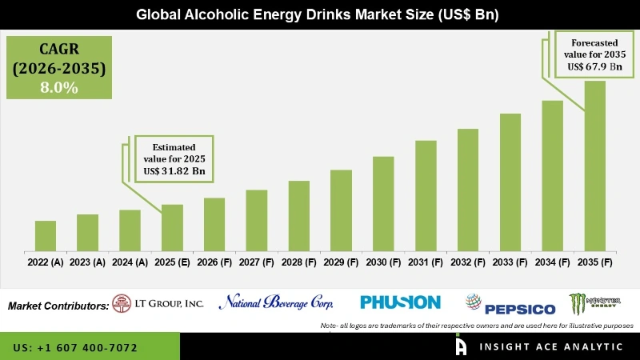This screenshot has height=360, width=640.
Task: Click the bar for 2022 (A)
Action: pyautogui.click(x=46, y=235)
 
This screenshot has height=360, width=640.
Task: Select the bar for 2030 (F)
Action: pyautogui.click(x=383, y=203)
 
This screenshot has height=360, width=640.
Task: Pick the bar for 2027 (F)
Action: pyautogui.click(x=256, y=220)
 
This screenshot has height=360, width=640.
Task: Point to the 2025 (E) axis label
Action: pyautogui.click(x=172, y=262)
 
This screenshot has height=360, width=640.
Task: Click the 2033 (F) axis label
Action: pyautogui.click(x=510, y=262)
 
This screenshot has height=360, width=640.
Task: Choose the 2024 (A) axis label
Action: pyautogui.click(x=130, y=262)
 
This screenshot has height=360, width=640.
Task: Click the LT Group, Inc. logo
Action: pyautogui.click(x=158, y=302)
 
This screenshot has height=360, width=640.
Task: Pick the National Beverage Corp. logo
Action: pyautogui.click(x=276, y=302)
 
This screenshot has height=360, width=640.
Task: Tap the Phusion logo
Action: pyautogui.click(x=400, y=302)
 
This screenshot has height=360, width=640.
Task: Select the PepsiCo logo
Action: pyautogui.click(x=510, y=304)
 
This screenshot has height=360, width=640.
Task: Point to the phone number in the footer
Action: pyautogui.click(x=75, y=348)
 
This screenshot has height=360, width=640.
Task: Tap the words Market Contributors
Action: pyautogui.click(x=58, y=306)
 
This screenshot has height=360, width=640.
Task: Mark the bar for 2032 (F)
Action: pyautogui.click(x=468, y=190)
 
